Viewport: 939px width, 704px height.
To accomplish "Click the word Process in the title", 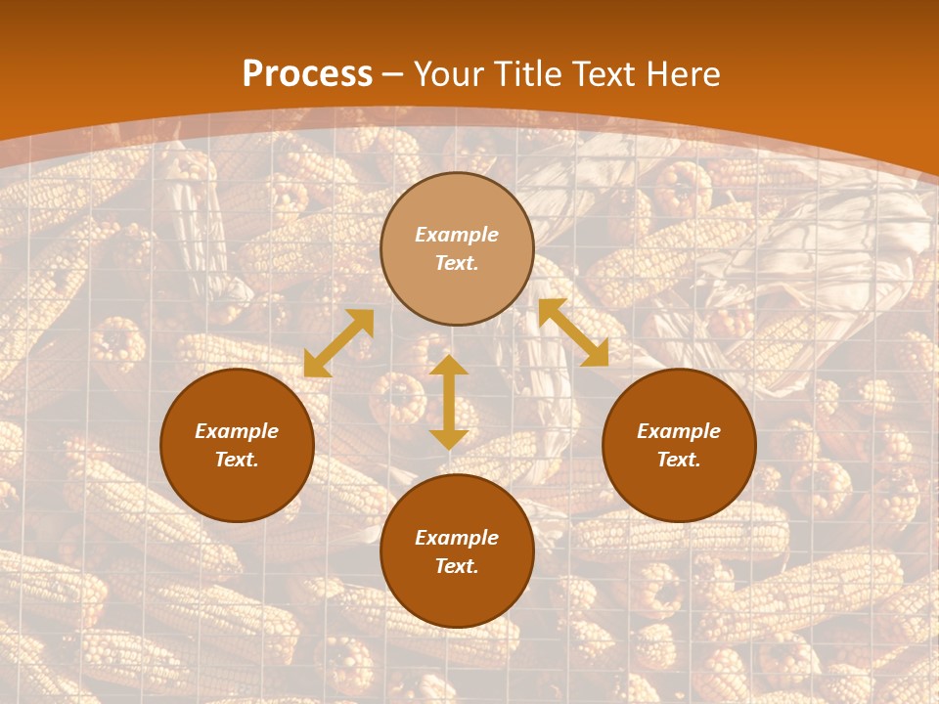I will tap(307, 74).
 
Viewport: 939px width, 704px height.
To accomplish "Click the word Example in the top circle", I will tap(457, 235).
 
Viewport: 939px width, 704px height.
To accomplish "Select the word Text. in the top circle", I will tap(457, 263).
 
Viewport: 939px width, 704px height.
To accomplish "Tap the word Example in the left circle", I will tap(237, 431).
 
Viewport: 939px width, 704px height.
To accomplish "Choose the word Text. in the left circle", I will tap(237, 460).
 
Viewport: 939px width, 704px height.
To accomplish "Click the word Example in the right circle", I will tap(679, 431).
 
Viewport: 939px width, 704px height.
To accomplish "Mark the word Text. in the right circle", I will tap(679, 460).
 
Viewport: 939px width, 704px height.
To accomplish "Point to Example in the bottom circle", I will tap(457, 538).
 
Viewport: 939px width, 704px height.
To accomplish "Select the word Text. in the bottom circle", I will tap(457, 566).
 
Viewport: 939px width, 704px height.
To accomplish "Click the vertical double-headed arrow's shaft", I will tap(449, 402).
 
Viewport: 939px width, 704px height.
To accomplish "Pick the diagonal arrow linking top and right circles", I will tap(573, 332).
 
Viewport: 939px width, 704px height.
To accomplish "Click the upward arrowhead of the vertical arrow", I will tap(449, 365).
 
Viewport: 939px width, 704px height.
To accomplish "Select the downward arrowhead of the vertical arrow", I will tap(449, 439).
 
